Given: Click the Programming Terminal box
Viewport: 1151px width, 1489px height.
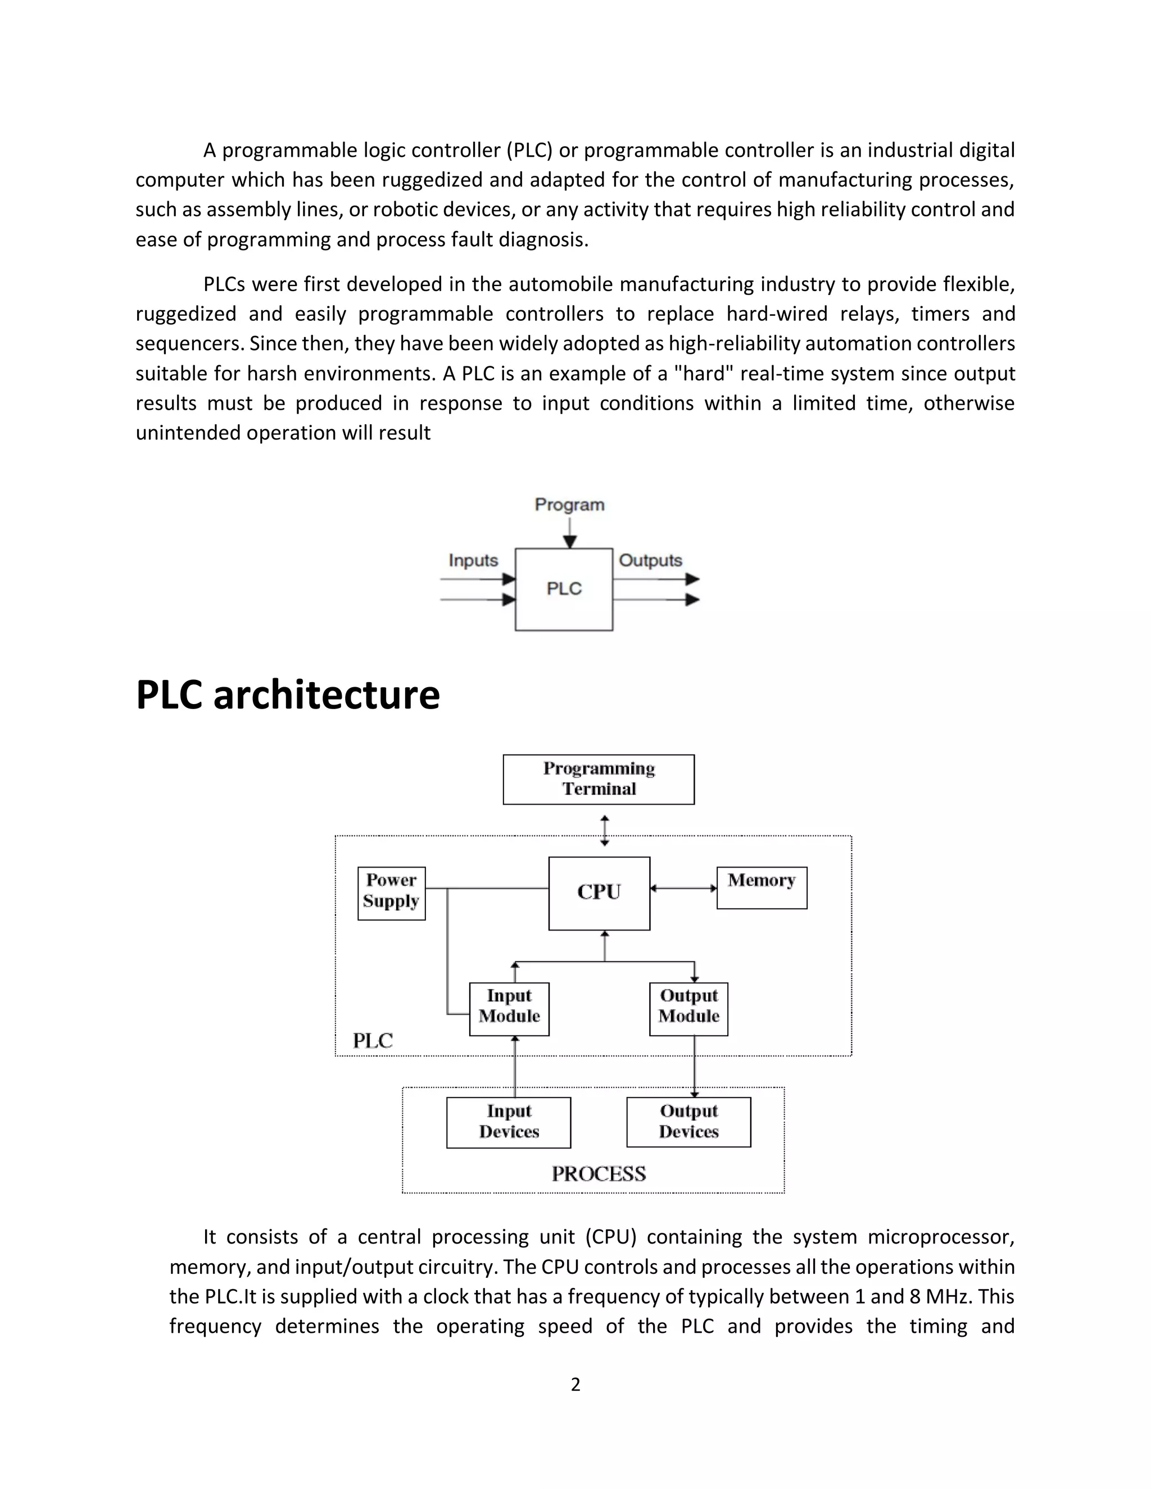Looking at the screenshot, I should [x=599, y=779].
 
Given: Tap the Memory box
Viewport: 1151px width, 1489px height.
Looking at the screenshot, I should [x=762, y=887].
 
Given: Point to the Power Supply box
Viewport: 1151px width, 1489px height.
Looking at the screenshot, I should [x=391, y=893].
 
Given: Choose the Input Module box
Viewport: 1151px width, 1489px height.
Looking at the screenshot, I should [x=509, y=1009].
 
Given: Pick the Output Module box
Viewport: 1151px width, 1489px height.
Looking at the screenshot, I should [x=688, y=1009].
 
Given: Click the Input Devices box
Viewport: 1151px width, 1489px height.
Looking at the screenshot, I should [x=509, y=1122].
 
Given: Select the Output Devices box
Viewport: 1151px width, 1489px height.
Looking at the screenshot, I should [x=688, y=1122].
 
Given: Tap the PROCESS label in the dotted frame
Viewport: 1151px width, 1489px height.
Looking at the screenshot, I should [x=599, y=1173].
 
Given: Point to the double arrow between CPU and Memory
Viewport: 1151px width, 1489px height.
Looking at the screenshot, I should [x=683, y=888].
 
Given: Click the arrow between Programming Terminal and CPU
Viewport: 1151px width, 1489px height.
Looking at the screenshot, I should [x=605, y=830].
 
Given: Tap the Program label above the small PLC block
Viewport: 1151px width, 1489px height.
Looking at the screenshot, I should [x=569, y=505].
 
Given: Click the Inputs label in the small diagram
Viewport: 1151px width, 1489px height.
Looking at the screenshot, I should [x=473, y=560].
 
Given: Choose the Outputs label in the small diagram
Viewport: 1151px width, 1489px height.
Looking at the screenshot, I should [x=650, y=560].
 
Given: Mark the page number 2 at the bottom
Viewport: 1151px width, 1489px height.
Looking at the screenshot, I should [x=575, y=1384].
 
